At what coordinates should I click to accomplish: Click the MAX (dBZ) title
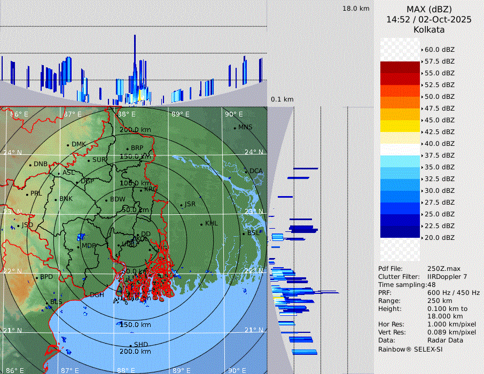click(429, 9)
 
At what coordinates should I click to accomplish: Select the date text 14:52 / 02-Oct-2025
click(429, 19)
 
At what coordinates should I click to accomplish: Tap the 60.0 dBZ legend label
click(440, 50)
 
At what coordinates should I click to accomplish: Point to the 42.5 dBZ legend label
click(440, 132)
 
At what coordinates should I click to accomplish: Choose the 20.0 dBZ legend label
click(440, 238)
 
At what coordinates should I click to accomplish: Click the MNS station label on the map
click(245, 127)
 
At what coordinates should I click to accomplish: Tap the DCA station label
click(256, 171)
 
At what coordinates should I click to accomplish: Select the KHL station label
click(212, 223)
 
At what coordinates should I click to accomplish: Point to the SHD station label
click(141, 345)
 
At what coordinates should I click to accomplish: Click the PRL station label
click(36, 193)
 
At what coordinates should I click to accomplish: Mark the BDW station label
click(118, 199)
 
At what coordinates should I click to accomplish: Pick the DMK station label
click(79, 144)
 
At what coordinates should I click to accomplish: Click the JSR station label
click(190, 205)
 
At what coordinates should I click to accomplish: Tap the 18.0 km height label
click(356, 9)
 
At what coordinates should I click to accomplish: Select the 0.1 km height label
click(282, 99)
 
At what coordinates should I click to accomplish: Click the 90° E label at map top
click(233, 114)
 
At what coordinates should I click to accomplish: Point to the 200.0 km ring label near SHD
click(135, 352)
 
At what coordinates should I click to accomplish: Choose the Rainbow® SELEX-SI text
click(410, 349)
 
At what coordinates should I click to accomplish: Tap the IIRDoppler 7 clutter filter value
click(450, 277)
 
